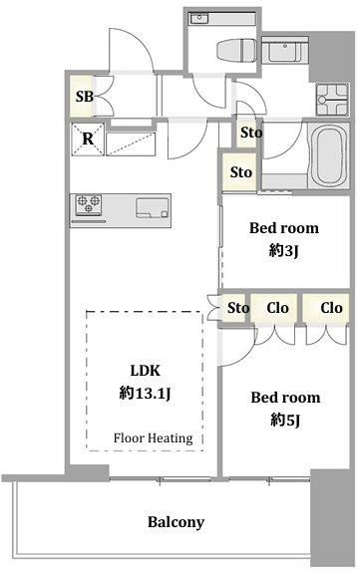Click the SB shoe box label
tap(85, 96)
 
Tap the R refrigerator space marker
tap(88, 139)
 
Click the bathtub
tap(329, 155)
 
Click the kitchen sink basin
tap(153, 207)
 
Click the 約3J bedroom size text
tap(283, 250)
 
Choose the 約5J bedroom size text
tap(285, 420)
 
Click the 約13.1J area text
tap(145, 393)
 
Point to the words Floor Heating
tap(153, 437)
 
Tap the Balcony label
tap(176, 522)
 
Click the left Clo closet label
tap(277, 308)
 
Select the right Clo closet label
tap(331, 308)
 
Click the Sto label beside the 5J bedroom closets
tap(238, 308)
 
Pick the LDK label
tap(145, 371)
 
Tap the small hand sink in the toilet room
tap(198, 18)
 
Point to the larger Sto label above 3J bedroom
tap(241, 172)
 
